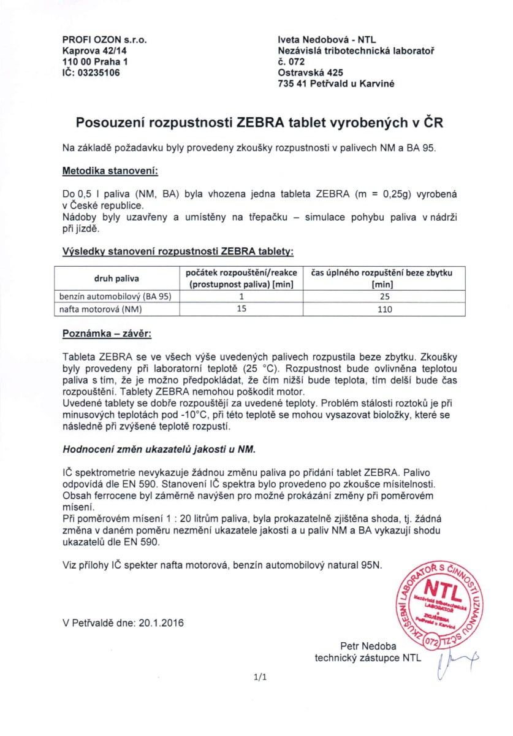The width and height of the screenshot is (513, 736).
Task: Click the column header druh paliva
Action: click(x=116, y=278)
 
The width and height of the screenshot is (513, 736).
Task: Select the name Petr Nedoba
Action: click(x=368, y=646)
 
